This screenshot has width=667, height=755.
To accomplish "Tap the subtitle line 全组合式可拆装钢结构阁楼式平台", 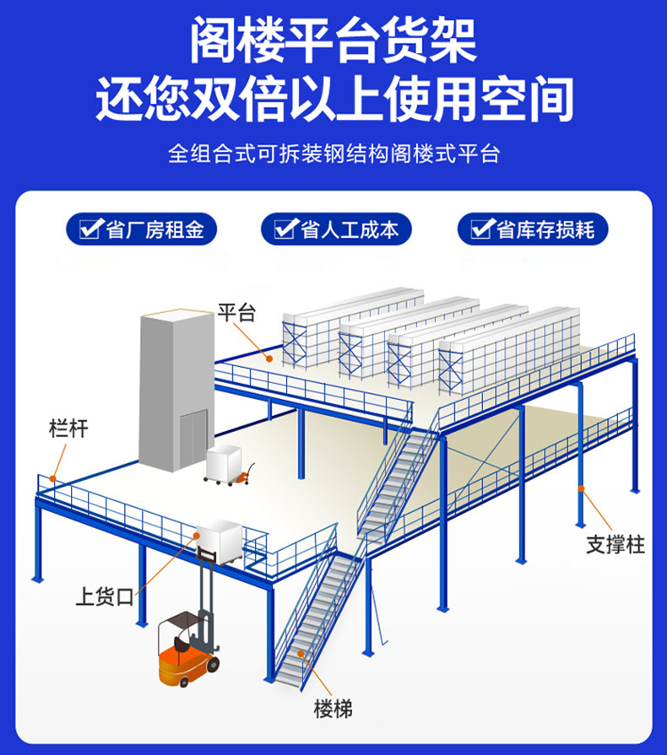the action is click(x=333, y=154).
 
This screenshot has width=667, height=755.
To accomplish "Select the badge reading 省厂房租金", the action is click(x=142, y=229).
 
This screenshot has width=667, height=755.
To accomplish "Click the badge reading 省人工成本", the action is click(x=336, y=229).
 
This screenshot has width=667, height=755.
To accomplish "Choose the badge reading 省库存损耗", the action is click(x=532, y=229).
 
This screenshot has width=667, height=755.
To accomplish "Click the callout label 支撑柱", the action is click(x=615, y=545).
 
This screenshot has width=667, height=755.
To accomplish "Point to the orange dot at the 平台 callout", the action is click(x=269, y=358).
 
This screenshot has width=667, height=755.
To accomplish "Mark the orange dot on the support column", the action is click(x=582, y=488).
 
